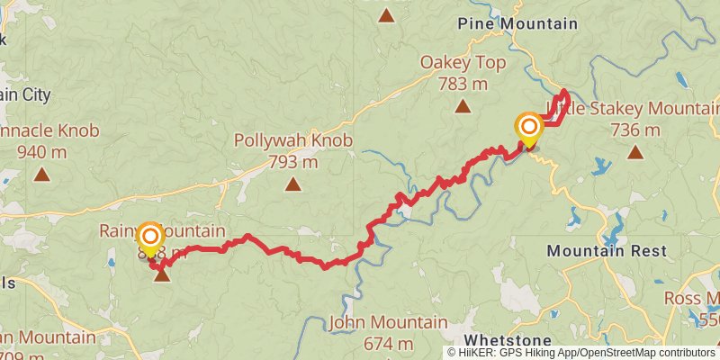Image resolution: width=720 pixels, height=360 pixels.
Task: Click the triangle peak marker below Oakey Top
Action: pos(463,107)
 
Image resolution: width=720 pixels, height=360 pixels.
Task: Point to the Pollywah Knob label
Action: pos(292,141)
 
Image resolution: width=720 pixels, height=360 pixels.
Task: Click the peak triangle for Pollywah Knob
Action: pos(292,184)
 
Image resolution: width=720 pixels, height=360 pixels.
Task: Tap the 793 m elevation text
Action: pos(292,163)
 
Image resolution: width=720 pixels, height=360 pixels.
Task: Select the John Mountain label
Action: pos(388,322)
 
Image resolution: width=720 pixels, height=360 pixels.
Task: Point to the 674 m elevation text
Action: pos(388,344)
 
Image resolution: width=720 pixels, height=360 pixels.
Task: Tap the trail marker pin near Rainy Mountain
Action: pos(150,237)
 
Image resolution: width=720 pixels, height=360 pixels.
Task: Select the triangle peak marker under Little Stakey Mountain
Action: pos(635,152)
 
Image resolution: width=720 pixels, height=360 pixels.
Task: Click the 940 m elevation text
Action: pos(42,151)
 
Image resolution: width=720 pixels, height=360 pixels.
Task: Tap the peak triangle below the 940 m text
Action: pos(42,173)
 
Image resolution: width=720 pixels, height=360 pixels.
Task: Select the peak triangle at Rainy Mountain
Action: pos(162,274)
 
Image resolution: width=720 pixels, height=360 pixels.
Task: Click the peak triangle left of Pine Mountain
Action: pos(386,15)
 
